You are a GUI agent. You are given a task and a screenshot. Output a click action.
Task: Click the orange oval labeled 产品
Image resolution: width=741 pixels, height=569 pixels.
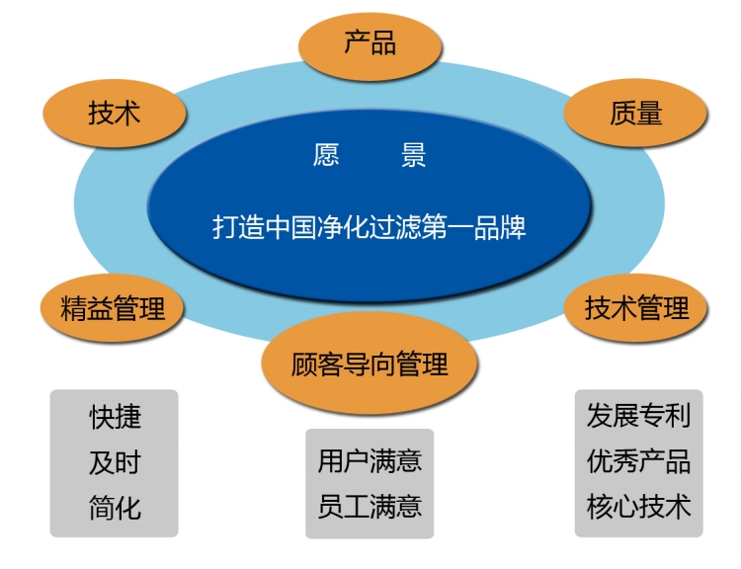(370, 45)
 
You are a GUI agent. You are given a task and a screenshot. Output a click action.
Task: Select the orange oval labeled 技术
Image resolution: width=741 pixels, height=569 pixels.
(115, 114)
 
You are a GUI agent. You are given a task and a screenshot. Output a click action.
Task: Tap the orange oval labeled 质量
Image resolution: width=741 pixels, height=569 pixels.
(635, 114)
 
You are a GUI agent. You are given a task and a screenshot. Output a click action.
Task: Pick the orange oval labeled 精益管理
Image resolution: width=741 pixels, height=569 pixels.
(112, 307)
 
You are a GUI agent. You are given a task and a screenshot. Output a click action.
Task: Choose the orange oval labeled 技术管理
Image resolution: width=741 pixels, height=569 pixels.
(635, 307)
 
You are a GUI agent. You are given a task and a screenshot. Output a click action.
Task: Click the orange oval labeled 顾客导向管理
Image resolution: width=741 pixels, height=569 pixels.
(370, 364)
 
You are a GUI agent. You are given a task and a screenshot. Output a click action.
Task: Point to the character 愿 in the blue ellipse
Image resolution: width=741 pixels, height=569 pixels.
(326, 154)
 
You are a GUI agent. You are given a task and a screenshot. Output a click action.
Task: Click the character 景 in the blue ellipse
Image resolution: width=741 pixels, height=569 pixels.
(414, 154)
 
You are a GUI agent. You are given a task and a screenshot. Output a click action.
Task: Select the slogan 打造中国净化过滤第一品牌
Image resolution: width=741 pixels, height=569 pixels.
(370, 227)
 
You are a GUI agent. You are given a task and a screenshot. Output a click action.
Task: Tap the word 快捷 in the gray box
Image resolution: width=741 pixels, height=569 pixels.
(115, 417)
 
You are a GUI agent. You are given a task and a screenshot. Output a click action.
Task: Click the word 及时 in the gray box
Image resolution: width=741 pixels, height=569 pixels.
(115, 462)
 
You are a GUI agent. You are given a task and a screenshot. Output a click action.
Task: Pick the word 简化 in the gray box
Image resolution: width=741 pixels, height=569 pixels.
(115, 508)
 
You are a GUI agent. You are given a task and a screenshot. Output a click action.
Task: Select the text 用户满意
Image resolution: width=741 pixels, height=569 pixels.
(370, 460)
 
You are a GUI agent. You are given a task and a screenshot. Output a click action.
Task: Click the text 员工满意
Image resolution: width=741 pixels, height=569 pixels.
(370, 506)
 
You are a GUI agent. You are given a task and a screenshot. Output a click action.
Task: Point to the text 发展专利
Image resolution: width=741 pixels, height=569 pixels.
(638, 416)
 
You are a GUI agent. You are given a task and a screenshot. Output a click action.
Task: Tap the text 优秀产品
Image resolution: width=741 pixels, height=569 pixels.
(638, 460)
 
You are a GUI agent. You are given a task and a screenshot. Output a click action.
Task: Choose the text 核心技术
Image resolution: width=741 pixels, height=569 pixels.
(638, 506)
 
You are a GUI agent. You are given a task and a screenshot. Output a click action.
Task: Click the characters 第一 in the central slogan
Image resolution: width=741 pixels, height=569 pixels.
(447, 227)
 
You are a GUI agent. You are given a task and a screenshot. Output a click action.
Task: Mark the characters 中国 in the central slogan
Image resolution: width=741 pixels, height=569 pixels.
(290, 227)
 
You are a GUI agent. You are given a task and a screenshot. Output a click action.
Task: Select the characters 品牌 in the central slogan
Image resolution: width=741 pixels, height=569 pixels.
(500, 227)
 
